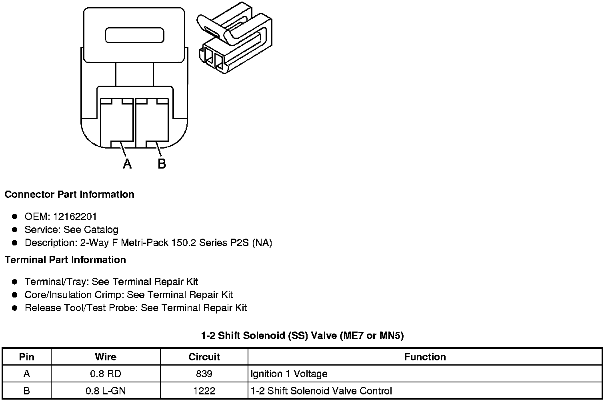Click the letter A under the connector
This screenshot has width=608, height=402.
(127, 163)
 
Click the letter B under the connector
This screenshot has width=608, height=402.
(162, 163)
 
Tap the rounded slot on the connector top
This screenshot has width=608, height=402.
(134, 35)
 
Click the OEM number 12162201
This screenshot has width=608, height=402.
(75, 217)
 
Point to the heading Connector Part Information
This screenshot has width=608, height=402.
(69, 195)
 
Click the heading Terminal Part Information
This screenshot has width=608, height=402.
(65, 260)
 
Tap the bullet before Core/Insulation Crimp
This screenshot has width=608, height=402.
(15, 295)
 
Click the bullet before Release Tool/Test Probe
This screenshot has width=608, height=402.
(15, 308)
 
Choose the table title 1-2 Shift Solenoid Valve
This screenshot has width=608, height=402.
(302, 336)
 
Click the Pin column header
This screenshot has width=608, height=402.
(27, 357)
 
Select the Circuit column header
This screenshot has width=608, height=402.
(204, 357)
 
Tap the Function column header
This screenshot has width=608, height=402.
(425, 357)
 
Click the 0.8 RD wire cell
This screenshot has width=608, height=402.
(106, 374)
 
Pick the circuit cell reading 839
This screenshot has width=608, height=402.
(204, 374)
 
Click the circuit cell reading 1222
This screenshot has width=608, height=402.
(204, 391)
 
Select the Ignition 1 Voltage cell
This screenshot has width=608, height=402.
(289, 374)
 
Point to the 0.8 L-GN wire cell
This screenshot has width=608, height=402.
(106, 391)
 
